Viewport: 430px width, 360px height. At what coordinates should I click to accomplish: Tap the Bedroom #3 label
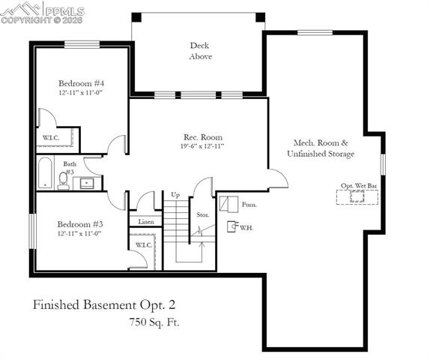pyautogui.click(x=78, y=223)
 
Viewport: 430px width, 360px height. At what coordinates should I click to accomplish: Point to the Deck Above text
pyautogui.click(x=200, y=50)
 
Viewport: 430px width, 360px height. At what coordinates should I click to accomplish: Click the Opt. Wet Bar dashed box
pyautogui.click(x=357, y=196)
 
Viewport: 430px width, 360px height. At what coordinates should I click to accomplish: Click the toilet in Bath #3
pyautogui.click(x=64, y=181)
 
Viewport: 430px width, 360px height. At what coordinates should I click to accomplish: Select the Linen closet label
pyautogui.click(x=146, y=222)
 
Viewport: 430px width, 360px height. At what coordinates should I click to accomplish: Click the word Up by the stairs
pyautogui.click(x=175, y=195)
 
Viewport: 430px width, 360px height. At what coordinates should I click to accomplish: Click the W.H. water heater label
pyautogui.click(x=246, y=227)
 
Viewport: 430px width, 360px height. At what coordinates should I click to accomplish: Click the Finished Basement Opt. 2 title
pyautogui.click(x=104, y=304)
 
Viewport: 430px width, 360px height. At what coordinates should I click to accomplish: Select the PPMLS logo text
pyautogui.click(x=64, y=11)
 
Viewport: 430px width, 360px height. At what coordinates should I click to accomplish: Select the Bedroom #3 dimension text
pyautogui.click(x=78, y=233)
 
